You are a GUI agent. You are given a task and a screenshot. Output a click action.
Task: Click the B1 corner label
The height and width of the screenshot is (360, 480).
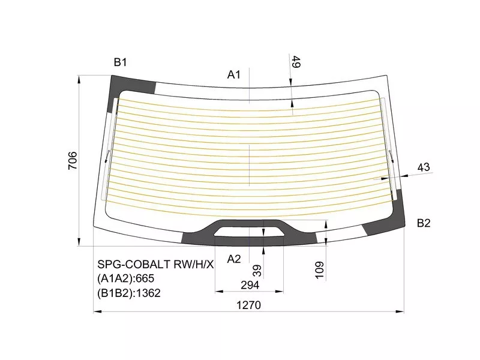pos(121,62)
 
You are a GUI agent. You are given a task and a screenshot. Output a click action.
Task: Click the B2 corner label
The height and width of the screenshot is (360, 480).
pos(424,223)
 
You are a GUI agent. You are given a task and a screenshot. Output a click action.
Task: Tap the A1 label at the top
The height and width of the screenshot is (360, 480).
pos(234,74)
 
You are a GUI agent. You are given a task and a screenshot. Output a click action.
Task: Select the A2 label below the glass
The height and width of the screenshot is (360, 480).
pos(234,259)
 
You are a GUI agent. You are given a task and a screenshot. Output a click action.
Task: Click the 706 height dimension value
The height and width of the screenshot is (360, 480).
pos(72,160)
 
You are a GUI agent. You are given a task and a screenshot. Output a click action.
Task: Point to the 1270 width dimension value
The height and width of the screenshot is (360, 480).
pos(248,304)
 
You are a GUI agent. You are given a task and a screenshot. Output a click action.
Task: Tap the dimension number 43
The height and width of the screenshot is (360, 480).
pos(424,167)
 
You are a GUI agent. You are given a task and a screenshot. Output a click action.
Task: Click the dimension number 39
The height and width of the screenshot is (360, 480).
pos(257,271)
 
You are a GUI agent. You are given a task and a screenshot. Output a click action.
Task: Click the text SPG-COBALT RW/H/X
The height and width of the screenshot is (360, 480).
pos(155,264)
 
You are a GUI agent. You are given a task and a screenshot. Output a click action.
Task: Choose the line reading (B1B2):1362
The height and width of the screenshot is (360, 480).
pos(129,293)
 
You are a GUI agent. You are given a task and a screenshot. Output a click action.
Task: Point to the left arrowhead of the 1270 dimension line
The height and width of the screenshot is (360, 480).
pos(97,311)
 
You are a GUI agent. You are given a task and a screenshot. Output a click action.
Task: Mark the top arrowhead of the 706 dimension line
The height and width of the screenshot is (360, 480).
pos(80,78)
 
